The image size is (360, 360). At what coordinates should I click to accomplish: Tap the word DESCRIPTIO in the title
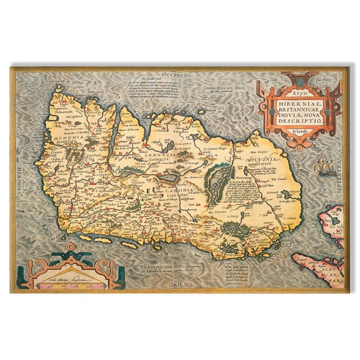[x=300, y=120]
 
